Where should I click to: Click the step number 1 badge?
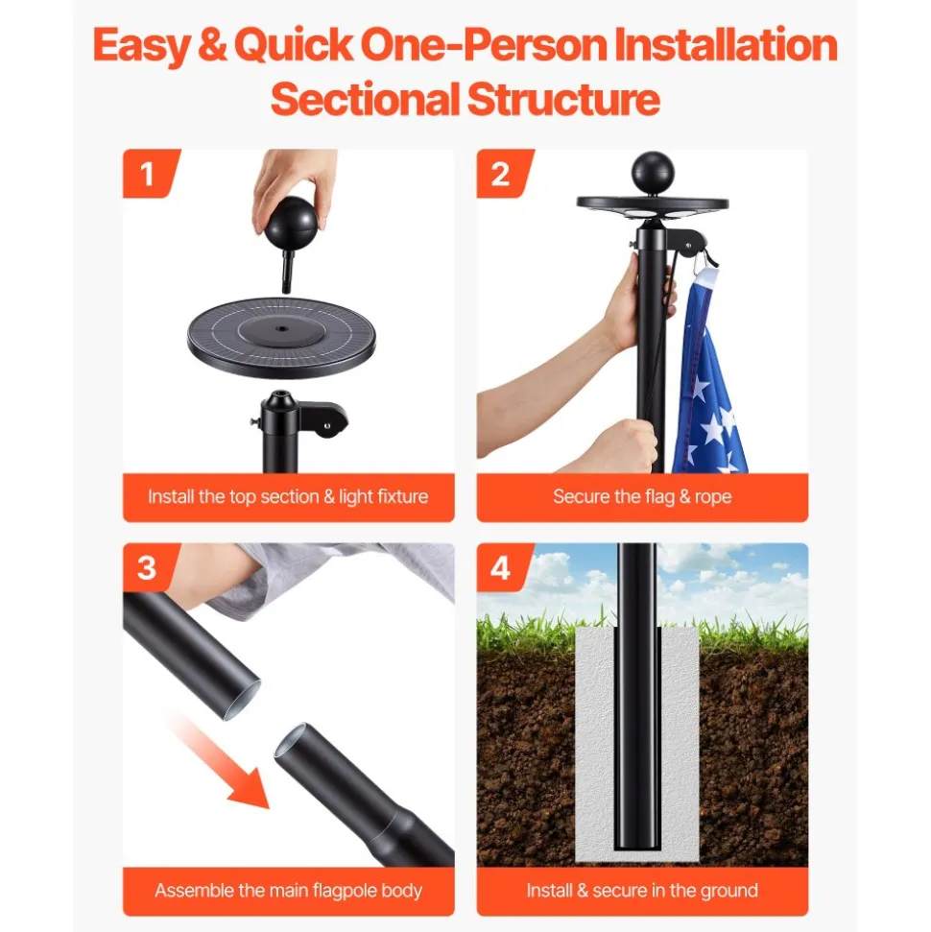[148, 174]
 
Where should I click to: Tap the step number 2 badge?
[501, 174]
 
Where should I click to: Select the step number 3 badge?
[148, 567]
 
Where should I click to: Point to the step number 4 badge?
[501, 567]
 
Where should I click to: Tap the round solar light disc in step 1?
[281, 337]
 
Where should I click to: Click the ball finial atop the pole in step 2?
[652, 172]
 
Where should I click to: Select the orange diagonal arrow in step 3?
[221, 762]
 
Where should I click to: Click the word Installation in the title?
[726, 44]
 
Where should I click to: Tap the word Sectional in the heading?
[365, 99]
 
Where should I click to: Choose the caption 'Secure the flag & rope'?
[642, 496]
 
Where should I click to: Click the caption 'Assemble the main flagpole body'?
[288, 891]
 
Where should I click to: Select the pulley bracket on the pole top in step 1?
[324, 419]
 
